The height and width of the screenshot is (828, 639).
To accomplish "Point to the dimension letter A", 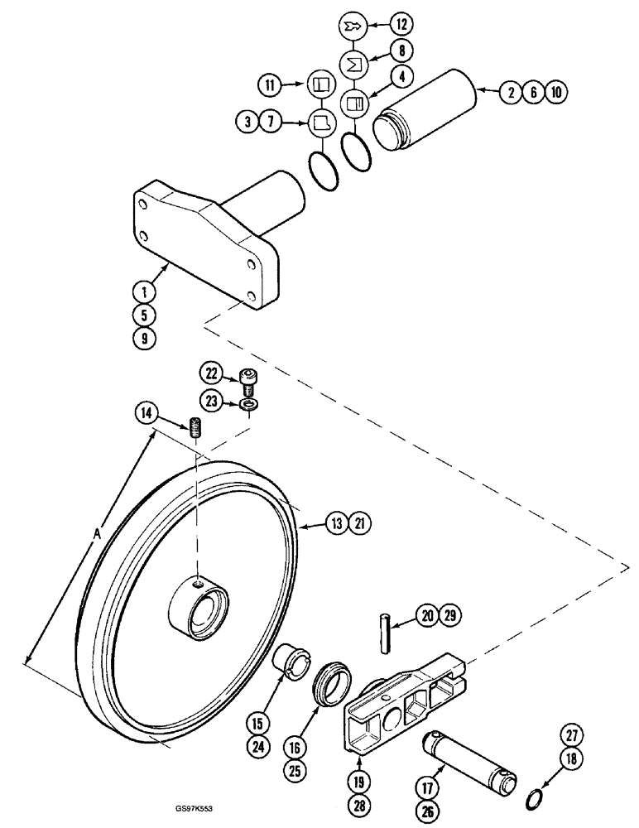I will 98,536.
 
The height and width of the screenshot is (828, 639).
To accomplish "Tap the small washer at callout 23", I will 247,405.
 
